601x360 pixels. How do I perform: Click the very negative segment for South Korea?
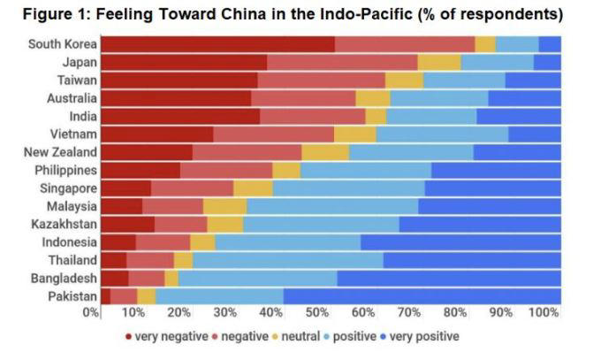[x=217, y=44]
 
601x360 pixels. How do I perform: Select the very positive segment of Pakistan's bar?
[x=422, y=296]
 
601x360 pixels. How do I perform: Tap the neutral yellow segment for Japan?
[x=438, y=62]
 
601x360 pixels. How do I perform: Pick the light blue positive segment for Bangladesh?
[x=257, y=279]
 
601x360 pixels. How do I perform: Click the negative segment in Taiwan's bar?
[x=322, y=80]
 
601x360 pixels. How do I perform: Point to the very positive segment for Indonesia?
[x=460, y=242]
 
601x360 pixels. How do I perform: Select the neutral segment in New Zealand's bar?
[x=325, y=152]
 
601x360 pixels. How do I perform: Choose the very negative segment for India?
[x=180, y=116]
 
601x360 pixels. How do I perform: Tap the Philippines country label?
[x=65, y=170]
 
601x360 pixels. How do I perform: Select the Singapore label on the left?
[x=68, y=188]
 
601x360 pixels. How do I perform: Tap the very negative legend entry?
[x=168, y=337]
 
